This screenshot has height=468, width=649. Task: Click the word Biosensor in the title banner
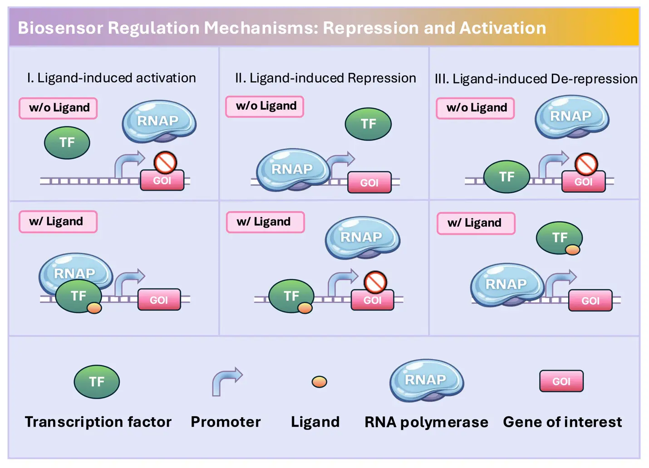[x=60, y=28]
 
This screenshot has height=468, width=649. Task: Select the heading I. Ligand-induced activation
[x=112, y=78]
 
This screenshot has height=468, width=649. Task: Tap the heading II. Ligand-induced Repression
[x=326, y=78]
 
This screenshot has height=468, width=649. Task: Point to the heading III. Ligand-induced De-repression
[x=536, y=79]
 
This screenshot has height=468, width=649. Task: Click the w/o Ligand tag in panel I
[x=58, y=108]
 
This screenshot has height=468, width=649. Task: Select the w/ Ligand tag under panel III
[x=476, y=223]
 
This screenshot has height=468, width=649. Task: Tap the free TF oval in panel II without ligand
[x=368, y=124]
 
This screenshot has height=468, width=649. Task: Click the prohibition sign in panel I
[x=165, y=162]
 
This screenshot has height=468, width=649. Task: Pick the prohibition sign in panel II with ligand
[x=375, y=282]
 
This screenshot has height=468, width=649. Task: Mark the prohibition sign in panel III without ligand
[x=586, y=164]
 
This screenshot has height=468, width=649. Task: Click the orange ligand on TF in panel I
[x=94, y=308]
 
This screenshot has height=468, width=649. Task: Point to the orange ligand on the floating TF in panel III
[x=572, y=250]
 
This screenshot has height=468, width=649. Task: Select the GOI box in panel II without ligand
[x=369, y=182]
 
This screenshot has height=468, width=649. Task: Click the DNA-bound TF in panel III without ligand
[x=507, y=176]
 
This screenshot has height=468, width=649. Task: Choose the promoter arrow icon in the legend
[x=226, y=381]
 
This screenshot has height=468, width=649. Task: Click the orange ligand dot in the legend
[x=320, y=382]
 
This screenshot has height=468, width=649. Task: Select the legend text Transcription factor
[x=98, y=422]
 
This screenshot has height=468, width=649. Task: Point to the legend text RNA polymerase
[x=426, y=422]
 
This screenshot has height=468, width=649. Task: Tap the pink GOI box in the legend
[x=561, y=381]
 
